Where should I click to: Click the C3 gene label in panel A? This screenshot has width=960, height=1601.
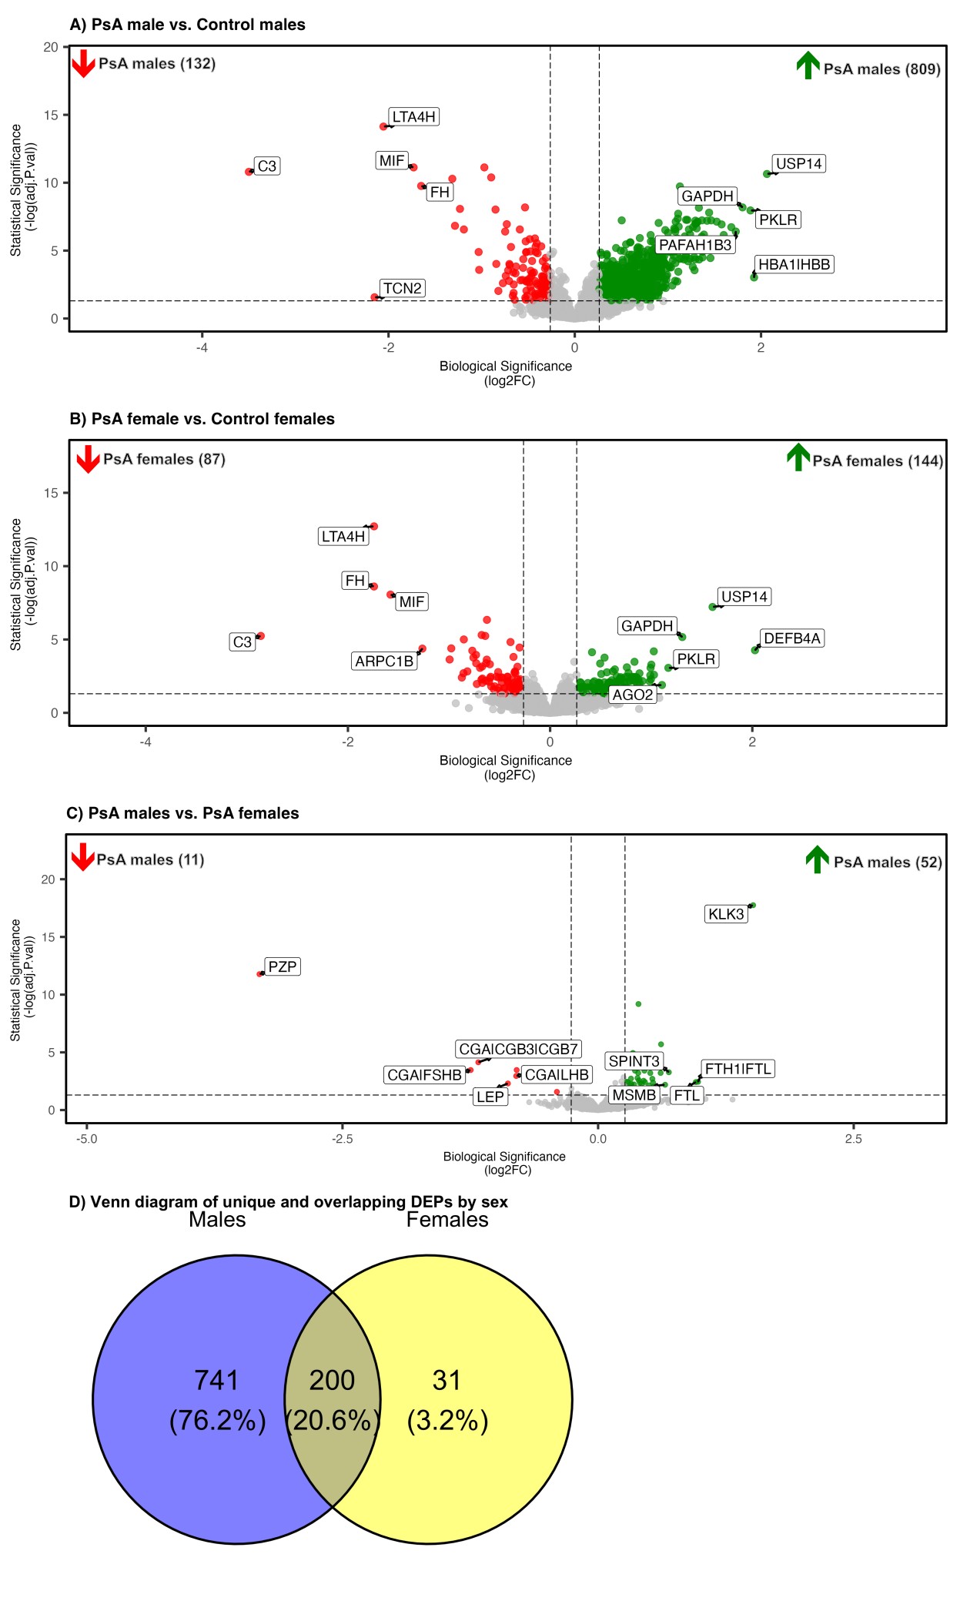coord(266,166)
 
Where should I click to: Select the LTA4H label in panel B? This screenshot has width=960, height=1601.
coord(343,537)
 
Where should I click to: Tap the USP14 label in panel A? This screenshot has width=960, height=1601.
coord(798,164)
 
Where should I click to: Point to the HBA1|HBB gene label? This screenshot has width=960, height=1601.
coord(794,265)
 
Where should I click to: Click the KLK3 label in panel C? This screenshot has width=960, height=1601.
coord(726,914)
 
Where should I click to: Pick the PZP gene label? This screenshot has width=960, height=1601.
coord(282,966)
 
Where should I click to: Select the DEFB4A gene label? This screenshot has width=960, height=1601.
coord(791,638)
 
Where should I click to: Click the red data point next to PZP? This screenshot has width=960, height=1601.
coord(260,974)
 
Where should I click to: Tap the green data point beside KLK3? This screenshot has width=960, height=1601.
coord(753,906)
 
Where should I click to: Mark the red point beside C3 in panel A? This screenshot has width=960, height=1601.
coord(249,172)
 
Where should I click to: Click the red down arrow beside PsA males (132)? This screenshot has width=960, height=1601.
coord(83,64)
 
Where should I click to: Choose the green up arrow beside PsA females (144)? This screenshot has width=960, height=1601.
coord(798,457)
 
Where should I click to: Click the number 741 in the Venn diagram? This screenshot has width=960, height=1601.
coord(216,1381)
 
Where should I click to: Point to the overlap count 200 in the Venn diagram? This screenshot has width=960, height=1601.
coord(332,1381)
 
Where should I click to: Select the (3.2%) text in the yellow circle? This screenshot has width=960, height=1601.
coord(447,1421)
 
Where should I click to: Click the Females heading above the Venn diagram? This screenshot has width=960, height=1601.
coord(447,1220)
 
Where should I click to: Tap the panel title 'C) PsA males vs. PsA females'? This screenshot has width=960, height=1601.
coord(182,813)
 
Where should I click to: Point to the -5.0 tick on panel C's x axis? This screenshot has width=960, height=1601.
coord(86,1139)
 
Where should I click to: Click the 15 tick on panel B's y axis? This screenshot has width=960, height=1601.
coord(51,493)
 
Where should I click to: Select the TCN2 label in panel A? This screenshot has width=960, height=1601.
coord(402,289)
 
